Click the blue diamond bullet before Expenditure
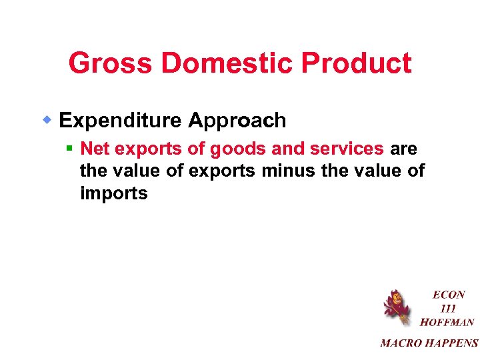point(48,120)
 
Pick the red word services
point(347,149)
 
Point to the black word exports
point(222,171)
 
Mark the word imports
point(113,194)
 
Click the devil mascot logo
point(396,307)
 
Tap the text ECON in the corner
point(449,295)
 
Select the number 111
point(448,309)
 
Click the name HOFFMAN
point(447,323)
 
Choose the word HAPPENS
point(454,343)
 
